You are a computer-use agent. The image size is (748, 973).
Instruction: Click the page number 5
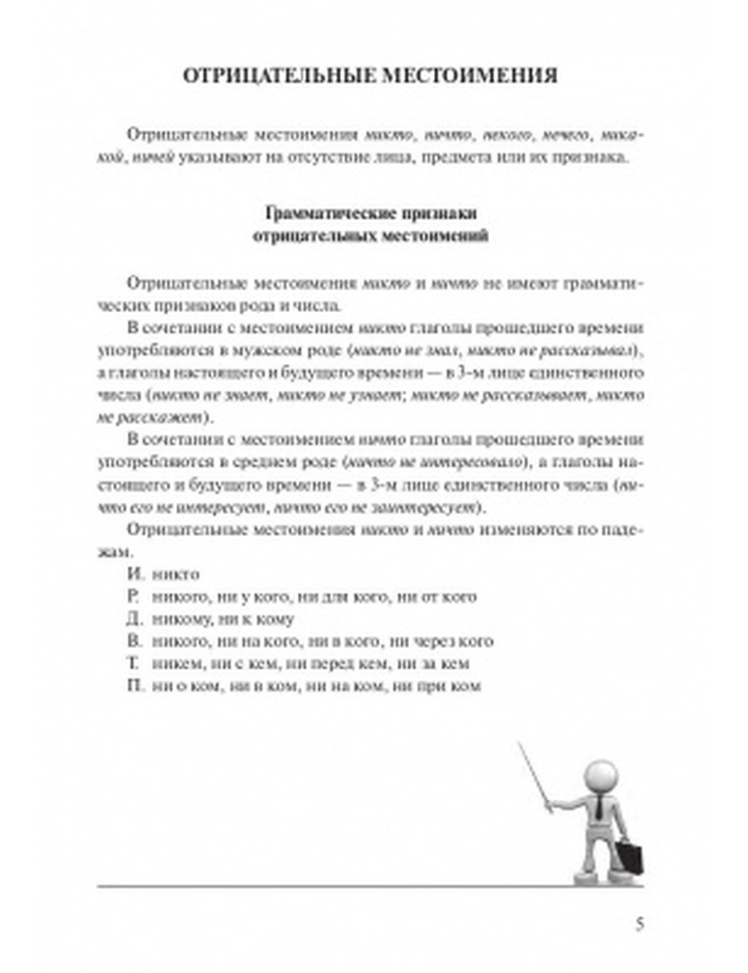click(x=639, y=924)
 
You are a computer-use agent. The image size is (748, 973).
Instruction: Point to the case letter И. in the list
click(x=135, y=575)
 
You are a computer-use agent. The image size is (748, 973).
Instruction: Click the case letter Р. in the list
click(x=135, y=597)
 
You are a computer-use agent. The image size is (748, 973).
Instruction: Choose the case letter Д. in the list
click(x=135, y=619)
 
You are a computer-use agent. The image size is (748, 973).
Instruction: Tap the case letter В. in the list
click(x=135, y=641)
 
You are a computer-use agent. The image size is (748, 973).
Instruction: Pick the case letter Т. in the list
click(x=135, y=663)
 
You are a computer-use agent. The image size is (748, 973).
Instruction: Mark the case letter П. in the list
click(x=135, y=686)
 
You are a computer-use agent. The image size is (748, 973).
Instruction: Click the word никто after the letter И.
click(x=175, y=575)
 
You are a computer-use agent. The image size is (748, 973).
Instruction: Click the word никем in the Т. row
click(x=172, y=663)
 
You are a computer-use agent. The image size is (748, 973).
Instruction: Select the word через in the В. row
click(x=437, y=641)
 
